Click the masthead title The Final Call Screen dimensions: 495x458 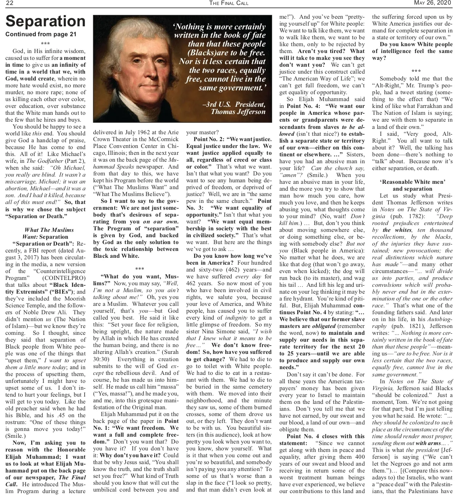point(229,3)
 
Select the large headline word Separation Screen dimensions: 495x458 point(45,21)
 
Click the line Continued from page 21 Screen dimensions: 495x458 point(41,34)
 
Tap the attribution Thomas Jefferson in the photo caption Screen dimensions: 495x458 point(238,112)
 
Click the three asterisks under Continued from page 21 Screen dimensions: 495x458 point(45,43)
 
